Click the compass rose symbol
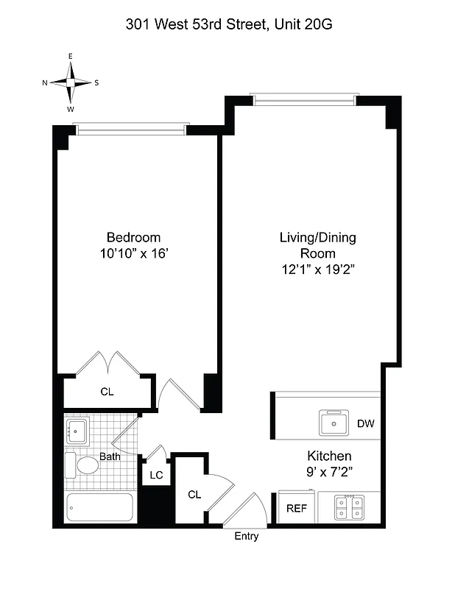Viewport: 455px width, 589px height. (71, 82)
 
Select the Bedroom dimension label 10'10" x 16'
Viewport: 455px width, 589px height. (133, 253)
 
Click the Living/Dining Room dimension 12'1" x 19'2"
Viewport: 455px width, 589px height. (317, 269)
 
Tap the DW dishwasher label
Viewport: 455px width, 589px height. (366, 423)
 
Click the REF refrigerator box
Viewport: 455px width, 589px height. (296, 508)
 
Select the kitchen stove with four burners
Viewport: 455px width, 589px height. (348, 507)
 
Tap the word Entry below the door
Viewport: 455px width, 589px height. (247, 537)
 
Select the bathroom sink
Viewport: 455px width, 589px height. (77, 429)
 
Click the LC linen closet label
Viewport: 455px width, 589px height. (156, 476)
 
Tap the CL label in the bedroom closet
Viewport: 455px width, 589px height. (107, 392)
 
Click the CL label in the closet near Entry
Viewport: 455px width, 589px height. (194, 494)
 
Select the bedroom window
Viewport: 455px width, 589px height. (133, 130)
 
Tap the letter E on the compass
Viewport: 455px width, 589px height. (71, 57)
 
